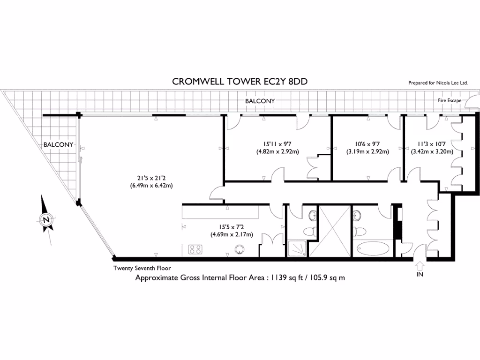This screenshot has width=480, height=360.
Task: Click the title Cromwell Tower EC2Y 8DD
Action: (x=240, y=82)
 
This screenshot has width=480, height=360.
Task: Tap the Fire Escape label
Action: (x=450, y=100)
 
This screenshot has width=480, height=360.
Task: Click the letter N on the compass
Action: (x=46, y=219)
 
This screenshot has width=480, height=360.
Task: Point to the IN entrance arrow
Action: (x=420, y=265)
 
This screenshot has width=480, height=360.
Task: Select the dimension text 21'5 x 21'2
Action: (x=151, y=178)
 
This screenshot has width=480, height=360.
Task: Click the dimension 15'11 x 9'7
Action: (x=277, y=144)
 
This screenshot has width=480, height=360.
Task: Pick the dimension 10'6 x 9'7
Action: (x=367, y=144)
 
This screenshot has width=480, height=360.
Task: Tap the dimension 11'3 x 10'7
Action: (x=432, y=144)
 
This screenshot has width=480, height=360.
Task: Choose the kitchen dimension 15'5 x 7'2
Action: (x=232, y=227)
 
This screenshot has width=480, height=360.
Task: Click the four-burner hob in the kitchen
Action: (x=195, y=249)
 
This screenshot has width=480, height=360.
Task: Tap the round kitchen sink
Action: (x=240, y=250)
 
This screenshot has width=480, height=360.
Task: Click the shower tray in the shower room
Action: (x=297, y=248)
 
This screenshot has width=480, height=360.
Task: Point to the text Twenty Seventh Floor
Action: (x=142, y=268)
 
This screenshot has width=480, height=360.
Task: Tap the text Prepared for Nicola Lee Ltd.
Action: (x=438, y=82)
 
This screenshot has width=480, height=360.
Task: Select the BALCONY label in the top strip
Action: (x=260, y=101)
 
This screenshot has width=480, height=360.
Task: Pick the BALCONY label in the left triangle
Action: (x=58, y=144)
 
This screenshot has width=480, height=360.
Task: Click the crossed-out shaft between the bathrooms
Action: (x=330, y=231)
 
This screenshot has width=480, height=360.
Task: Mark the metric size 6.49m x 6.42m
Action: (x=151, y=186)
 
